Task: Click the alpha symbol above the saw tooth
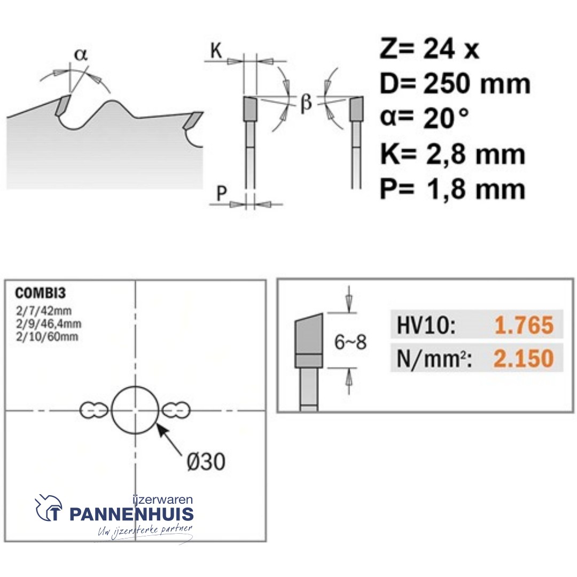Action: click(80, 54)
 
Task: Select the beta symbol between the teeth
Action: click(305, 103)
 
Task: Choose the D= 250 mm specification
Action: click(455, 84)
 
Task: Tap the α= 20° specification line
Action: click(426, 119)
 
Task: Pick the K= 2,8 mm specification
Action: click(453, 154)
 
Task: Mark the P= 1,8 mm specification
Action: click(452, 189)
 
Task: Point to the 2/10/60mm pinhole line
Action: click(46, 337)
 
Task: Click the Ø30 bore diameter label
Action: click(206, 462)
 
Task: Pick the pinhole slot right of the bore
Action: click(176, 410)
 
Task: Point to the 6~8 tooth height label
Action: click(350, 342)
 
